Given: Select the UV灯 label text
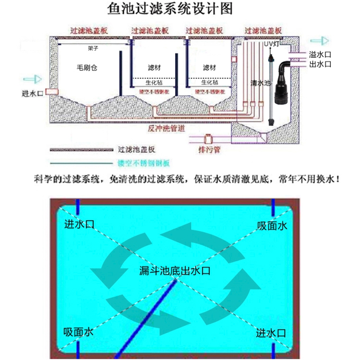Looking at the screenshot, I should (x=271, y=43).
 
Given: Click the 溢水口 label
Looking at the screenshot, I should (x=320, y=54).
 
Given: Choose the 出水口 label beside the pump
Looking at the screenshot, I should (x=320, y=64).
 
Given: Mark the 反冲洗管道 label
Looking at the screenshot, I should (x=166, y=128).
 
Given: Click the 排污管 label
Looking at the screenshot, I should (x=209, y=149).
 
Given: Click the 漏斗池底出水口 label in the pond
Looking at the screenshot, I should (x=175, y=271).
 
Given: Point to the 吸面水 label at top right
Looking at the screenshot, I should (x=272, y=226).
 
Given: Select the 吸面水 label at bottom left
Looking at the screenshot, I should (x=78, y=332).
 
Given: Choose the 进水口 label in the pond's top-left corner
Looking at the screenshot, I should (x=80, y=224).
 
